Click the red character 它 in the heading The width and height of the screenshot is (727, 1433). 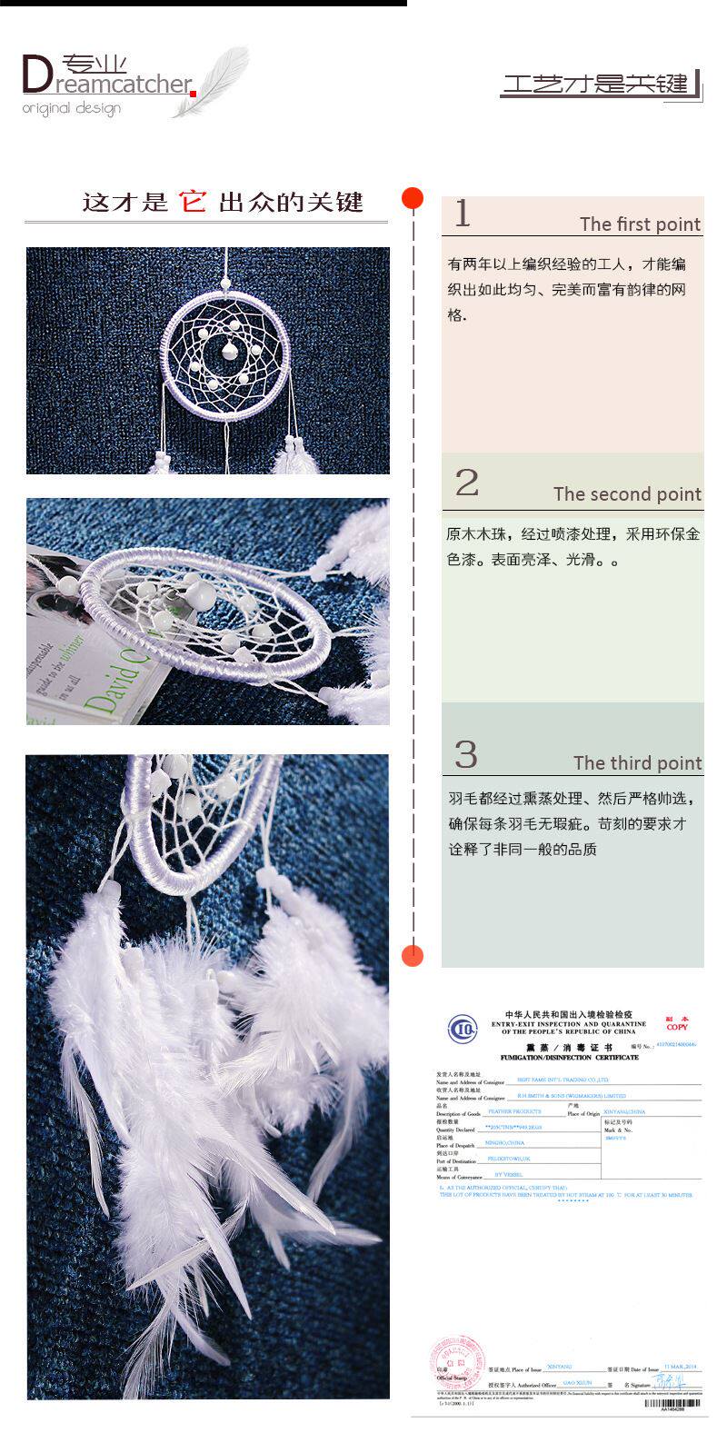(x=193, y=201)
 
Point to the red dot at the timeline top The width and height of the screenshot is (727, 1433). (x=413, y=198)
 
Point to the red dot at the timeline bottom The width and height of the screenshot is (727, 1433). (x=413, y=955)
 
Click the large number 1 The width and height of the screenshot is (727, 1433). (x=463, y=214)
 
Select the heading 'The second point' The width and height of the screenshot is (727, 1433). (x=627, y=494)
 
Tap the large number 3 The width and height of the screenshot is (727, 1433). (x=465, y=755)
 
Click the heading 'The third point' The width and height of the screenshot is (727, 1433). (x=637, y=763)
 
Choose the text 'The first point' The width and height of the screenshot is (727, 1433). (x=640, y=224)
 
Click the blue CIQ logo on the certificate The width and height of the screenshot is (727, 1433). (x=462, y=1030)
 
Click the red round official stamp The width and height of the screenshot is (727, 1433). (x=460, y=1360)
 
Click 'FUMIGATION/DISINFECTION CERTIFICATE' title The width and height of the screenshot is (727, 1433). (x=569, y=1058)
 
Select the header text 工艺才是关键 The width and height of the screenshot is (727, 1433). (x=596, y=85)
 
